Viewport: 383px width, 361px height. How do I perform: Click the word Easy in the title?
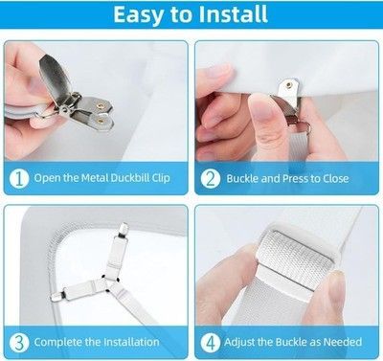(139, 14)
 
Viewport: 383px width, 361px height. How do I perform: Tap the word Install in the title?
(234, 14)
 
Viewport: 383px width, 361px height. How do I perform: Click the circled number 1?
(19, 178)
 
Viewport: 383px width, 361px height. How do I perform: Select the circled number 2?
(211, 178)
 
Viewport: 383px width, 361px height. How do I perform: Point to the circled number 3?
(19, 343)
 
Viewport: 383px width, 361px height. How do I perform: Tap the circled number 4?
(211, 343)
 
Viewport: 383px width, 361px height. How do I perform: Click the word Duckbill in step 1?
(130, 177)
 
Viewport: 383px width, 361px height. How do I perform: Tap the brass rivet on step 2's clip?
(289, 85)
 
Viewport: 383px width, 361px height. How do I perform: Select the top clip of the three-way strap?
(123, 231)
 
